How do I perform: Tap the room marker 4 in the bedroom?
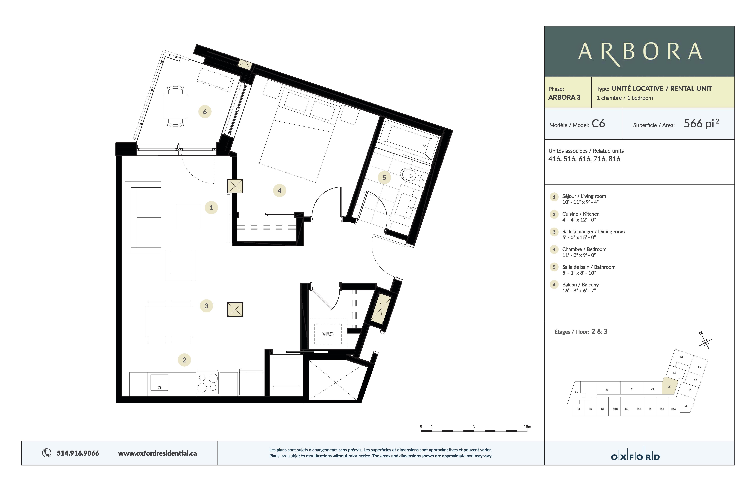(x=279, y=191)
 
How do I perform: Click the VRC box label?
(x=328, y=334)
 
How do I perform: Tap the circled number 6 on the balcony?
(x=205, y=112)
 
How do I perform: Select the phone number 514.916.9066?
(x=78, y=453)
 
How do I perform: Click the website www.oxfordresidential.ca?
(x=157, y=453)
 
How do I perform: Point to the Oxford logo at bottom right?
(x=635, y=457)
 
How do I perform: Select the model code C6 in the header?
(x=598, y=124)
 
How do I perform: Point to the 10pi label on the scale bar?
(x=527, y=426)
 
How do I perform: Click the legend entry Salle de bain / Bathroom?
(x=588, y=267)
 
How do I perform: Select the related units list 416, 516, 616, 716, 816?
(x=584, y=159)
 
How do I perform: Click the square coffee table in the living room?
(x=188, y=217)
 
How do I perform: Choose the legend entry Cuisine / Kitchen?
(x=580, y=214)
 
